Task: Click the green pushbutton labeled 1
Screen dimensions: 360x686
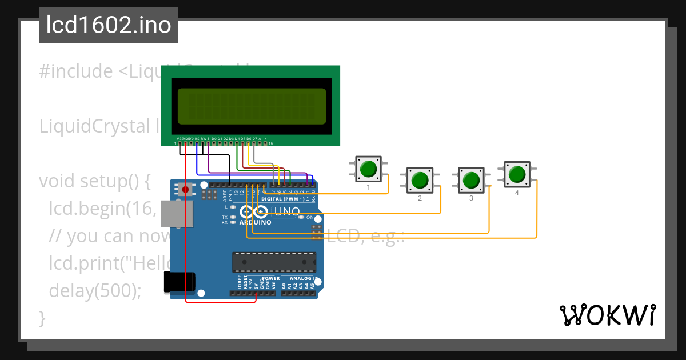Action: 368,169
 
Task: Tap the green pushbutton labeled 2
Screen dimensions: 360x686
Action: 420,180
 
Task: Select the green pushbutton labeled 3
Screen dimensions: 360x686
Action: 471,180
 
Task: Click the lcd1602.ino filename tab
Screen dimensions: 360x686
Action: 109,25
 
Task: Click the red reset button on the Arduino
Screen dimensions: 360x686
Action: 185,189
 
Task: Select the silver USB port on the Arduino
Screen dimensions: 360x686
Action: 176,213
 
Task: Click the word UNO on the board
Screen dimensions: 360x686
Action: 287,211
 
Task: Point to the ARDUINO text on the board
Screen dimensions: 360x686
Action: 255,222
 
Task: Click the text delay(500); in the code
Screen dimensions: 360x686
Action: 95,291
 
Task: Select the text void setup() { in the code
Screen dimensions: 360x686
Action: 94,181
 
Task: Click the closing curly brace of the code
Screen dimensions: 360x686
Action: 42,318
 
